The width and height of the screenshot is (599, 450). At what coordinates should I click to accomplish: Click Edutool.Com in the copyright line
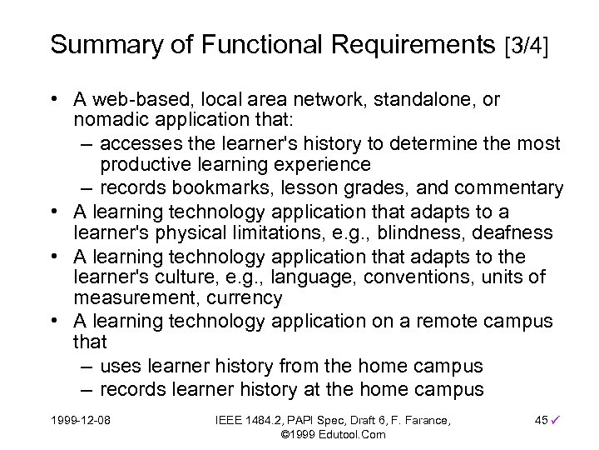(350, 435)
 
